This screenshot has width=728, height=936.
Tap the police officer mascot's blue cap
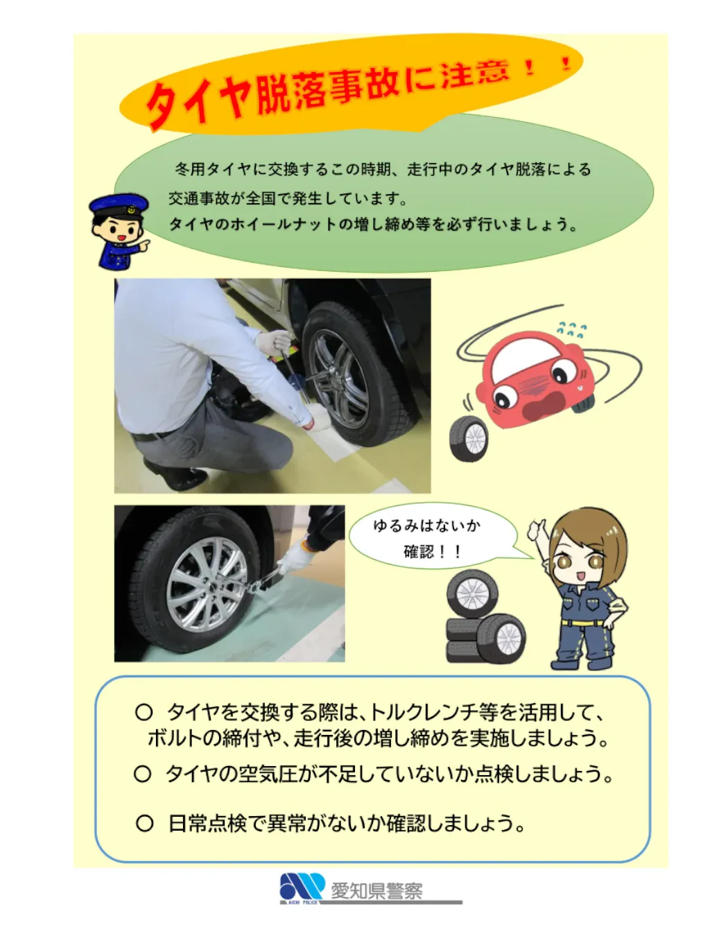pyautogui.click(x=118, y=205)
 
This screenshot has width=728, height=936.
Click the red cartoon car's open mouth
pyautogui.click(x=544, y=404)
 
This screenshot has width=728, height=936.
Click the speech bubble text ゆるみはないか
pyautogui.click(x=426, y=526)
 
